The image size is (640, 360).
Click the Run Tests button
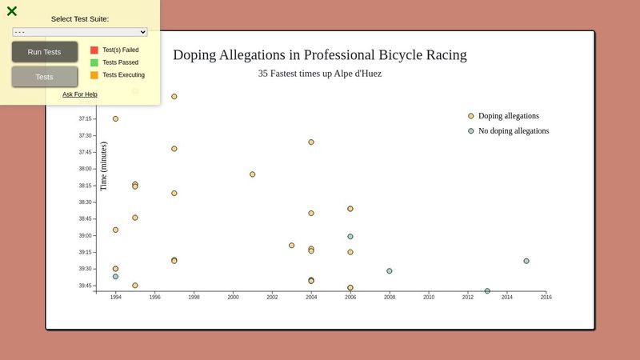click(44, 52)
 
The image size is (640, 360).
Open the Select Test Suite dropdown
click(80, 32)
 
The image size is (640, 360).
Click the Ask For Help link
click(80, 94)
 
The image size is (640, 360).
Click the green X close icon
click(12, 11)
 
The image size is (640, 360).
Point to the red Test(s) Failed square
click(94, 50)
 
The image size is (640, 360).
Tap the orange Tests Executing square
click(94, 75)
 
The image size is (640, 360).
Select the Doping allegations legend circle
click(471, 116)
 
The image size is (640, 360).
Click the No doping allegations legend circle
click(471, 131)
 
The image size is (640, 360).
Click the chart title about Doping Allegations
click(320, 55)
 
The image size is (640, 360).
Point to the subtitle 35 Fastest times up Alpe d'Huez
click(320, 74)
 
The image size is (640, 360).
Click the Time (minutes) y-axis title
click(103, 166)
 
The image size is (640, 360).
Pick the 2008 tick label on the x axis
click(390, 298)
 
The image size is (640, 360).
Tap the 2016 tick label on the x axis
click(546, 298)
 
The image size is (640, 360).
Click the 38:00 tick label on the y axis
click(85, 169)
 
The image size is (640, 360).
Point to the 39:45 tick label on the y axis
click(85, 286)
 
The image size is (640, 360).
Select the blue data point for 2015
click(526, 261)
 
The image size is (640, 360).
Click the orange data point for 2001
click(253, 174)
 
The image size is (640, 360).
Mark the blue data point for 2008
click(390, 271)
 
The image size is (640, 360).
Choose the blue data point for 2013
click(487, 291)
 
